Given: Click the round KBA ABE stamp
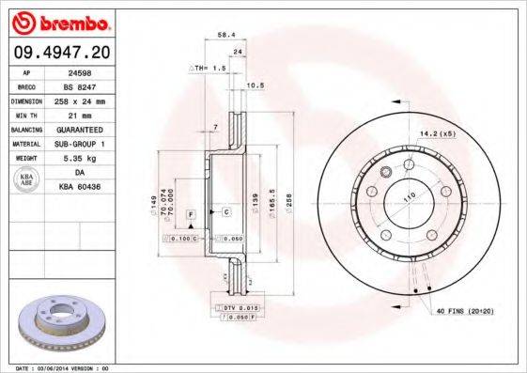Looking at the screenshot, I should click(26, 180).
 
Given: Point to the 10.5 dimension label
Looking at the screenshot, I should click(254, 86).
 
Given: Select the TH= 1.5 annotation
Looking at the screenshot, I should click(212, 69).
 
